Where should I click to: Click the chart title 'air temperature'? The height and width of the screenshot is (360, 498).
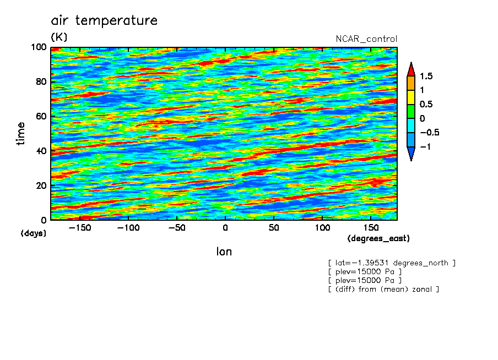(x=104, y=20)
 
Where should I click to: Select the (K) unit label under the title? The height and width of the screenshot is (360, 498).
(x=59, y=37)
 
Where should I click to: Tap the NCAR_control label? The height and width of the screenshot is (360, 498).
(x=366, y=39)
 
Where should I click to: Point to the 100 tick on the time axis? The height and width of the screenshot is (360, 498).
(x=39, y=47)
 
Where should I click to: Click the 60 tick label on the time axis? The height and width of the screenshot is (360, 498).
(x=41, y=116)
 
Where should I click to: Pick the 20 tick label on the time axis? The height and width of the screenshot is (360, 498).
(x=41, y=186)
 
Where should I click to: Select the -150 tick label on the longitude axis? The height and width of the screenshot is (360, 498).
(x=80, y=228)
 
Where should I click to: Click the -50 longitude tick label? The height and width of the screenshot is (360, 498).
(x=177, y=228)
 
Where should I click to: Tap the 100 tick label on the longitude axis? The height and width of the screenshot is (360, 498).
(x=322, y=228)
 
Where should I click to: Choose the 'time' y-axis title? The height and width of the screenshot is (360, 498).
(x=20, y=134)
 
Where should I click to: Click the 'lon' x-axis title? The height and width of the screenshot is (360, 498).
(x=224, y=252)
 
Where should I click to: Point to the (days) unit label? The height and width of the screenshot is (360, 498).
(x=34, y=233)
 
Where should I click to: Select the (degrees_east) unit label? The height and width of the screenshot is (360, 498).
(x=378, y=238)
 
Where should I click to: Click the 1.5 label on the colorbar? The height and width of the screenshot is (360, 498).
(x=426, y=76)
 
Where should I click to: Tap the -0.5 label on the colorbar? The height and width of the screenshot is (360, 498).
(x=430, y=132)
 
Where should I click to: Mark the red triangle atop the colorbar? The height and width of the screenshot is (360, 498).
(x=411, y=69)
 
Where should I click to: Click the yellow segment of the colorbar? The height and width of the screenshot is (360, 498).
(x=411, y=97)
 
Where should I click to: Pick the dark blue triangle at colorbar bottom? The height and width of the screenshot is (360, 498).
(x=411, y=154)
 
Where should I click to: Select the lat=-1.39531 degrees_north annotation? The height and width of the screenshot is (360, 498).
(x=392, y=263)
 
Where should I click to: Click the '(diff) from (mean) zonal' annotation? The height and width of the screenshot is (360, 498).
(x=383, y=289)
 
